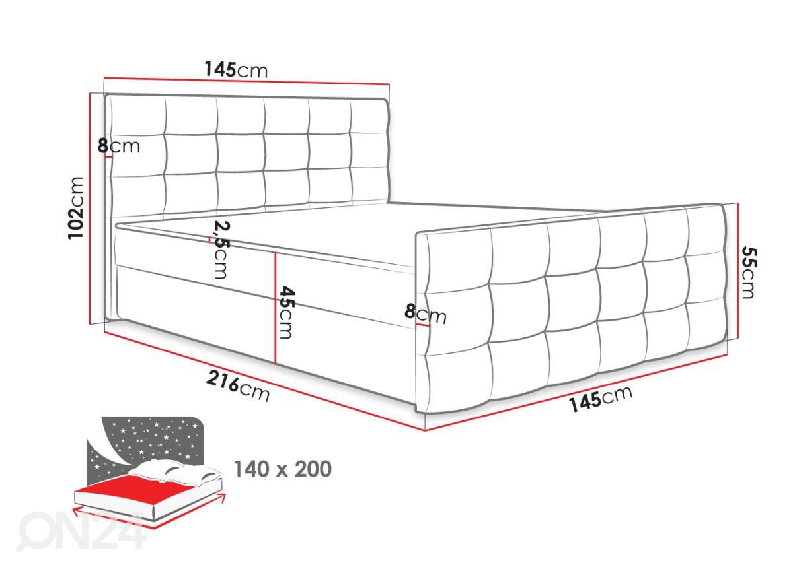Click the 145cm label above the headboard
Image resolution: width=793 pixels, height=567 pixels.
(236, 70)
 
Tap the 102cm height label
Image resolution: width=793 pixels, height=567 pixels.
(76, 208)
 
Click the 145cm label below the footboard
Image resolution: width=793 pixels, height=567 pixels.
(601, 399)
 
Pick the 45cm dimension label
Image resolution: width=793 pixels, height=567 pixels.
(286, 313)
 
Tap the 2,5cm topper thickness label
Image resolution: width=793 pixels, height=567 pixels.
(221, 250)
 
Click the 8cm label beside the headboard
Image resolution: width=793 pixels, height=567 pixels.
(119, 146)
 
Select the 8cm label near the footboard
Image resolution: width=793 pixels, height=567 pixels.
(426, 314)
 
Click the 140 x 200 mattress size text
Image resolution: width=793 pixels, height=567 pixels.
(283, 469)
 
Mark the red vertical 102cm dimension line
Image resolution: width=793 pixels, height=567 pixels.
(90, 209)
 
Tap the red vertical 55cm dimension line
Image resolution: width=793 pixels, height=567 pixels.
(737, 271)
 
